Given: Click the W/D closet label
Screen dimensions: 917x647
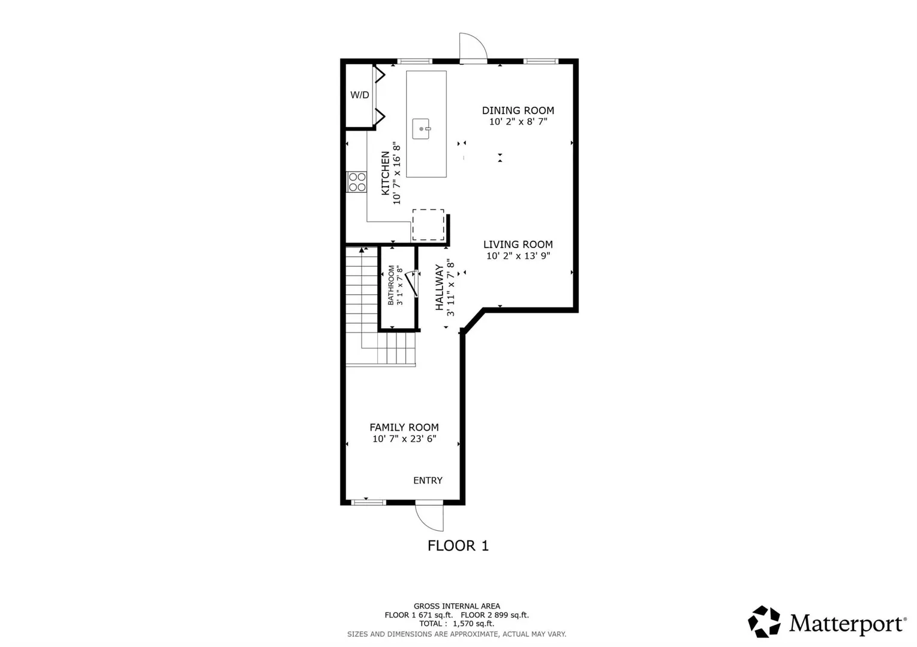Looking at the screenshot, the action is click(359, 95).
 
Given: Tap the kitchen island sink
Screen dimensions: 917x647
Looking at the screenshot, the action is click(421, 129).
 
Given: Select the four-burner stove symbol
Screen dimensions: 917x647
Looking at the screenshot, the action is click(357, 182).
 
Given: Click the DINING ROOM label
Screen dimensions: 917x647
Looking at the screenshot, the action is click(518, 110).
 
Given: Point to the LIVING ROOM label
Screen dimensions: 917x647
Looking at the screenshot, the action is click(518, 244).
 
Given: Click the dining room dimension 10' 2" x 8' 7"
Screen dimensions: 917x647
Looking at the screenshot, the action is click(518, 122).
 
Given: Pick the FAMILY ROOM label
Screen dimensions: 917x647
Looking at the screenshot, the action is click(404, 427).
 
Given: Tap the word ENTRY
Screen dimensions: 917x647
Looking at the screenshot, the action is click(428, 480).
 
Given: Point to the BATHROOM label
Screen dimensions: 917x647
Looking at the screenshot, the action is click(391, 285).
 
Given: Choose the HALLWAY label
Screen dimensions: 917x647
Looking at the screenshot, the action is click(439, 287).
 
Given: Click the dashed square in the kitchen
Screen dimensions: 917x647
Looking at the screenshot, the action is click(428, 225).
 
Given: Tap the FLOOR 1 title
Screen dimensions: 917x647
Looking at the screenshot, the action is click(458, 546).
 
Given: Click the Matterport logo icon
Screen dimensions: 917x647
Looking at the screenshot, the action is click(764, 622).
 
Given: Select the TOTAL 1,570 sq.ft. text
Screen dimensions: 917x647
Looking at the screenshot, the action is click(457, 624).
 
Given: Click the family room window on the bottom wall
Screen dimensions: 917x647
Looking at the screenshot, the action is click(368, 502).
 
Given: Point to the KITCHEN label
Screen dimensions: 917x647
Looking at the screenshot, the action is click(385, 173).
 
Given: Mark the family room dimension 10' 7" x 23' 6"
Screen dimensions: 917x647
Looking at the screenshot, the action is click(404, 439).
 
